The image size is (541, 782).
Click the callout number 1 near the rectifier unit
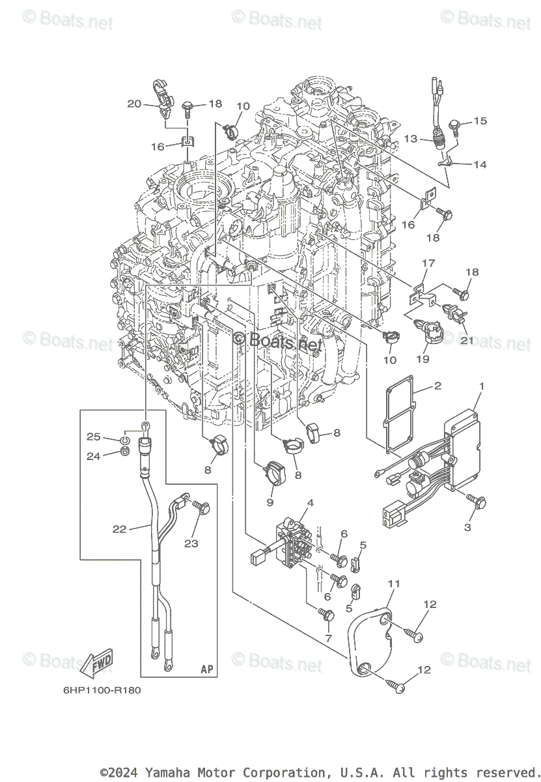(481, 386)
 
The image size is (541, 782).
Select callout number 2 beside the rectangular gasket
(437, 386)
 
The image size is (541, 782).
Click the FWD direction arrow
(96, 664)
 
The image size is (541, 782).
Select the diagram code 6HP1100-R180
(102, 690)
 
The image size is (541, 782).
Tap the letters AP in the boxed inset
(207, 669)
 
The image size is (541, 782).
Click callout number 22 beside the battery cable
(119, 529)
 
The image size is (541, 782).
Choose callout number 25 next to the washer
(94, 436)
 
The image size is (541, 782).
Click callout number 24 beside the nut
(94, 456)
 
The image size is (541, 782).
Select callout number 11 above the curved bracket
(394, 583)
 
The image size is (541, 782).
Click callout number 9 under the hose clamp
(269, 502)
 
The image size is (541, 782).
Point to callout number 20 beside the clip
(134, 104)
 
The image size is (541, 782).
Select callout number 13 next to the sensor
(410, 139)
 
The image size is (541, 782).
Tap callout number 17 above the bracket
(428, 263)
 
